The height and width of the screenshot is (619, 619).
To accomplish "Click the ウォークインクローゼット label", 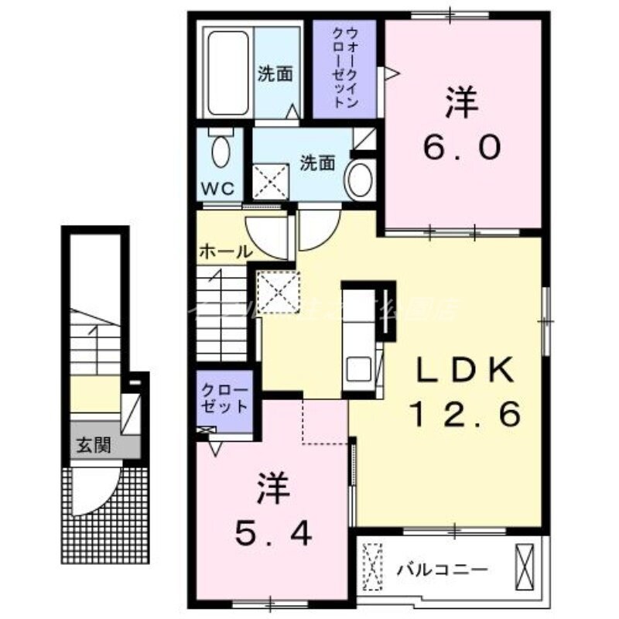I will click(x=345, y=70).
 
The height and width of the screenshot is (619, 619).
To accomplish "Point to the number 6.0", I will click(x=463, y=146).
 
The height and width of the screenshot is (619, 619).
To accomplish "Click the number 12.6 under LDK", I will click(x=464, y=417).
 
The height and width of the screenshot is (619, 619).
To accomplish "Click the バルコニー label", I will click(x=443, y=570).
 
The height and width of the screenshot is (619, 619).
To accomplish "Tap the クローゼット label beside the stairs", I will click(x=225, y=398).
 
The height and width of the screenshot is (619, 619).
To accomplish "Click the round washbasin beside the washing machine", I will click(x=358, y=178).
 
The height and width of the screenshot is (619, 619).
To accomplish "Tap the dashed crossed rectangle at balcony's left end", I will click(x=374, y=566).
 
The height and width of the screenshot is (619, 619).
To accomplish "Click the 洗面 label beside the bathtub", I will click(x=275, y=74).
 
